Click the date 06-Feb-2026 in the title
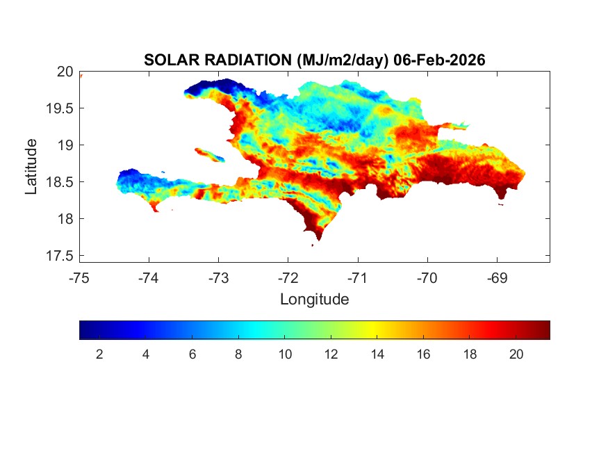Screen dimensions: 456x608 click(x=438, y=60)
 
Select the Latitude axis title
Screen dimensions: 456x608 click(x=31, y=166)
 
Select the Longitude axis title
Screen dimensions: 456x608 click(x=314, y=300)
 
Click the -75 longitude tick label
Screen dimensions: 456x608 click(x=79, y=278)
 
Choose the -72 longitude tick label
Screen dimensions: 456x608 click(x=288, y=278)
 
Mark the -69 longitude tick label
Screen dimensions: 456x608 click(x=497, y=278)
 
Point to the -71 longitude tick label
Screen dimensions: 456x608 click(x=357, y=278)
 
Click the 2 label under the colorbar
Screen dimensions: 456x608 click(x=99, y=355)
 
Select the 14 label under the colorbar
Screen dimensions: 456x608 click(x=377, y=355)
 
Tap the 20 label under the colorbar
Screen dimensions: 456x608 click(x=516, y=355)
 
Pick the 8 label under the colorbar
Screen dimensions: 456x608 click(x=238, y=355)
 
